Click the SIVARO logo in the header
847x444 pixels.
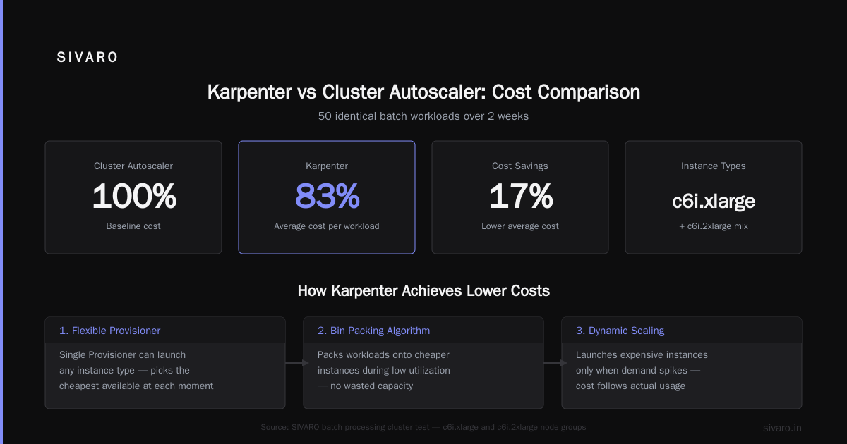[87, 57]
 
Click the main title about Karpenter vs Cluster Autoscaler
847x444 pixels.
[423, 92]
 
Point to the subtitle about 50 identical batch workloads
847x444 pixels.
[423, 116]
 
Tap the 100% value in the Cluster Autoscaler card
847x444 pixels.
[134, 196]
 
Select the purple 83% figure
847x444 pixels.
[327, 196]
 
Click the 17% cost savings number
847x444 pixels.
[520, 196]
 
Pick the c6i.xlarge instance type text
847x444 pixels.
[714, 202]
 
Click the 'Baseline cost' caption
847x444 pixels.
[133, 226]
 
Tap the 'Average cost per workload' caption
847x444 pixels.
[327, 226]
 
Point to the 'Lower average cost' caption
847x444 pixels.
[520, 226]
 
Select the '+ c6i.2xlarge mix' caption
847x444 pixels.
[714, 226]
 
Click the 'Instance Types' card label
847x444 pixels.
[714, 166]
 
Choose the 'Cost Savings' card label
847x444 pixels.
[520, 166]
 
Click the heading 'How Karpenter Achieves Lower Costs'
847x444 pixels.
[423, 290]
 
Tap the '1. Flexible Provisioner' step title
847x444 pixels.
[109, 331]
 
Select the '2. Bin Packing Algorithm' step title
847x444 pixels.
[373, 331]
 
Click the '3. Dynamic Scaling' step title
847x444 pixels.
[620, 331]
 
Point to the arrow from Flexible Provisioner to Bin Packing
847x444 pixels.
[297, 363]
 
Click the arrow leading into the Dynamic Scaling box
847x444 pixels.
[555, 363]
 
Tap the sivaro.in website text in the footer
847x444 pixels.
[782, 428]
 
